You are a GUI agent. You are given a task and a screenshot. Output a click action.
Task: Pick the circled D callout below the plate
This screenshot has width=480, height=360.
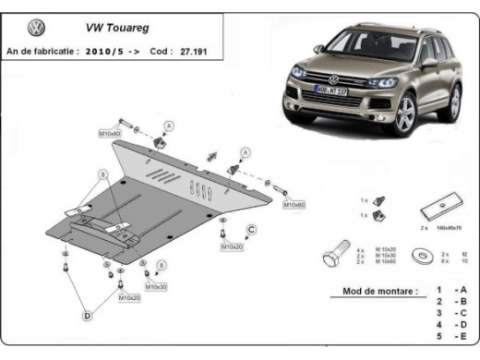point(88,317)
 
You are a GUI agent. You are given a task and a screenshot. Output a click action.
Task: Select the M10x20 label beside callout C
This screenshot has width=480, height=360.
point(230,247)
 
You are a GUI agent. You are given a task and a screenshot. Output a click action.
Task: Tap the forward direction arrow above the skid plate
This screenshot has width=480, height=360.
point(211,156)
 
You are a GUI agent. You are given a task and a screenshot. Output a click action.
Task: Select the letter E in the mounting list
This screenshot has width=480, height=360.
point(461,337)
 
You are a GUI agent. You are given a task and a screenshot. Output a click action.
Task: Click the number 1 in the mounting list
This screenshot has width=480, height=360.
point(439,291)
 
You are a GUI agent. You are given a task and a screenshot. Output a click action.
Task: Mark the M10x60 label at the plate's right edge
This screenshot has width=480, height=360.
point(294,204)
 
